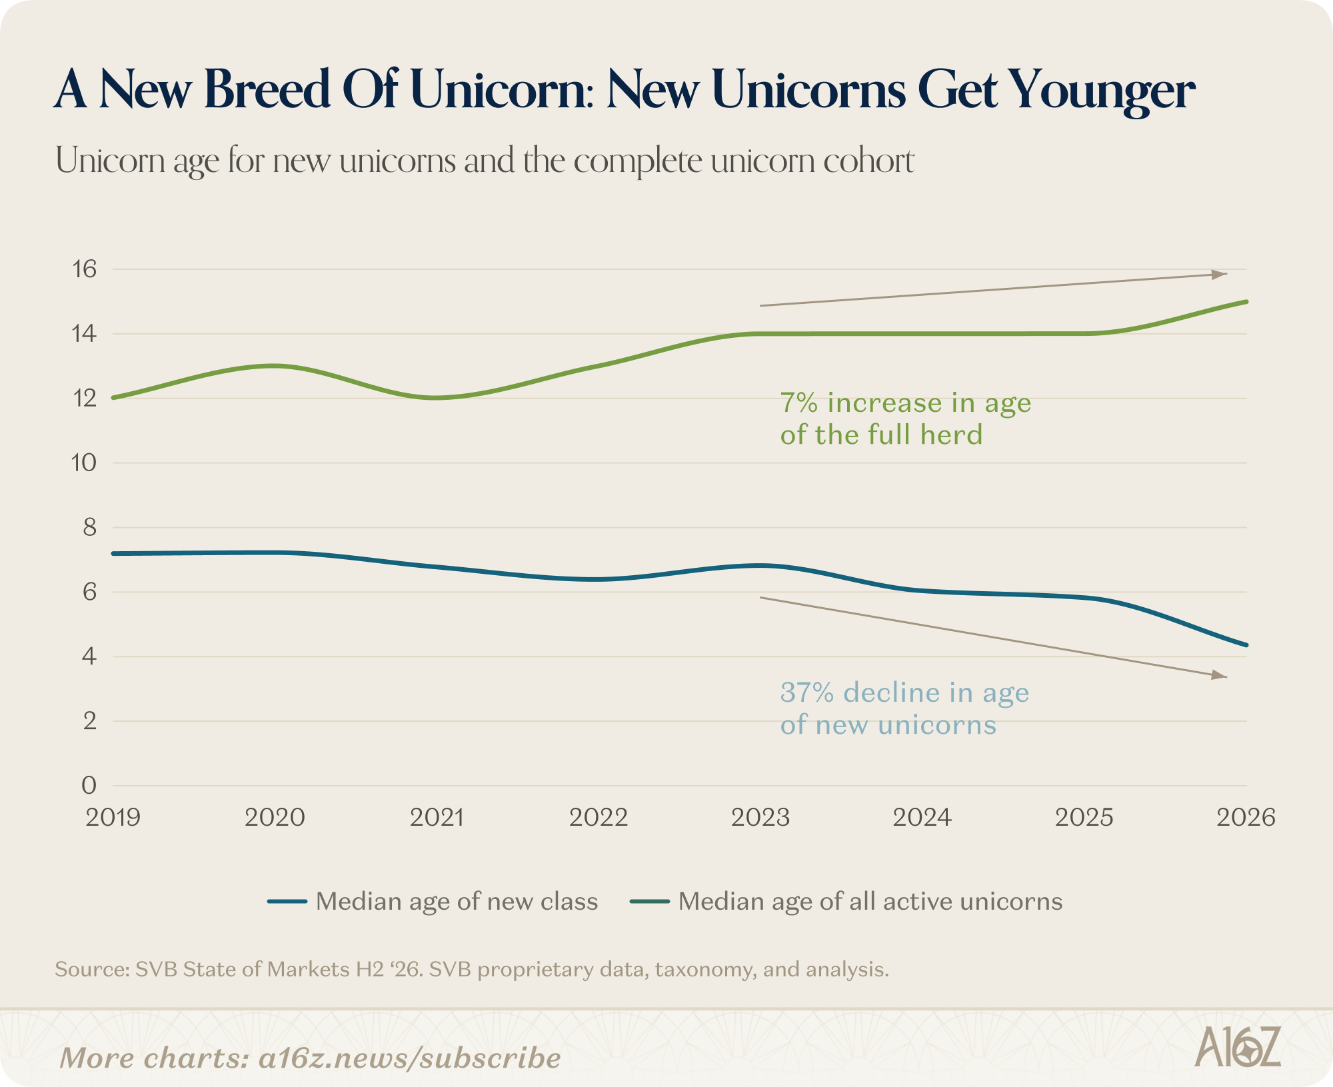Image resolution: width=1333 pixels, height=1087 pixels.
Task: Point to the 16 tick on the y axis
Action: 85,269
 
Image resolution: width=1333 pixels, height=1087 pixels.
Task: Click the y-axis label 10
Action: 85,463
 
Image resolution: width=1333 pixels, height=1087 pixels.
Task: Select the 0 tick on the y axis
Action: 89,785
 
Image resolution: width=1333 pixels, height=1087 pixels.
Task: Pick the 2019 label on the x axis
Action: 113,817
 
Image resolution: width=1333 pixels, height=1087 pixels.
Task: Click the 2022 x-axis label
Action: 599,817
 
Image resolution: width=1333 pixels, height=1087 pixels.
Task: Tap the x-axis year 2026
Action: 1246,817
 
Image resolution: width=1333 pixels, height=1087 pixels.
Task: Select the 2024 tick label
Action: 922,817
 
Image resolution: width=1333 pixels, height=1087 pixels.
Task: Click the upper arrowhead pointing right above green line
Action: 1220,274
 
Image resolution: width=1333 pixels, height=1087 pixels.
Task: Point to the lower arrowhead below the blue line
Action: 1220,675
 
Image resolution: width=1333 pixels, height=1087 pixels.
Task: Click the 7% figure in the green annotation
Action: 799,403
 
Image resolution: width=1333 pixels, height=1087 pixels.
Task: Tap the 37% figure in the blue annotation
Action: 807,692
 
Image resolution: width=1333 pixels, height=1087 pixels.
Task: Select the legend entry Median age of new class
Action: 433,901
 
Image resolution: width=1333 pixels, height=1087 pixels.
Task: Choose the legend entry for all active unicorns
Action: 846,901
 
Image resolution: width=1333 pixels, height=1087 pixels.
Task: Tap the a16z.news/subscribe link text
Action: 410,1058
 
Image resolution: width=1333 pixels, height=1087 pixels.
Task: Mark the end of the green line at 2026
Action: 1246,302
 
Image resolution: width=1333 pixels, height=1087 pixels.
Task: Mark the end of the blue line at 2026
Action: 1246,645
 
